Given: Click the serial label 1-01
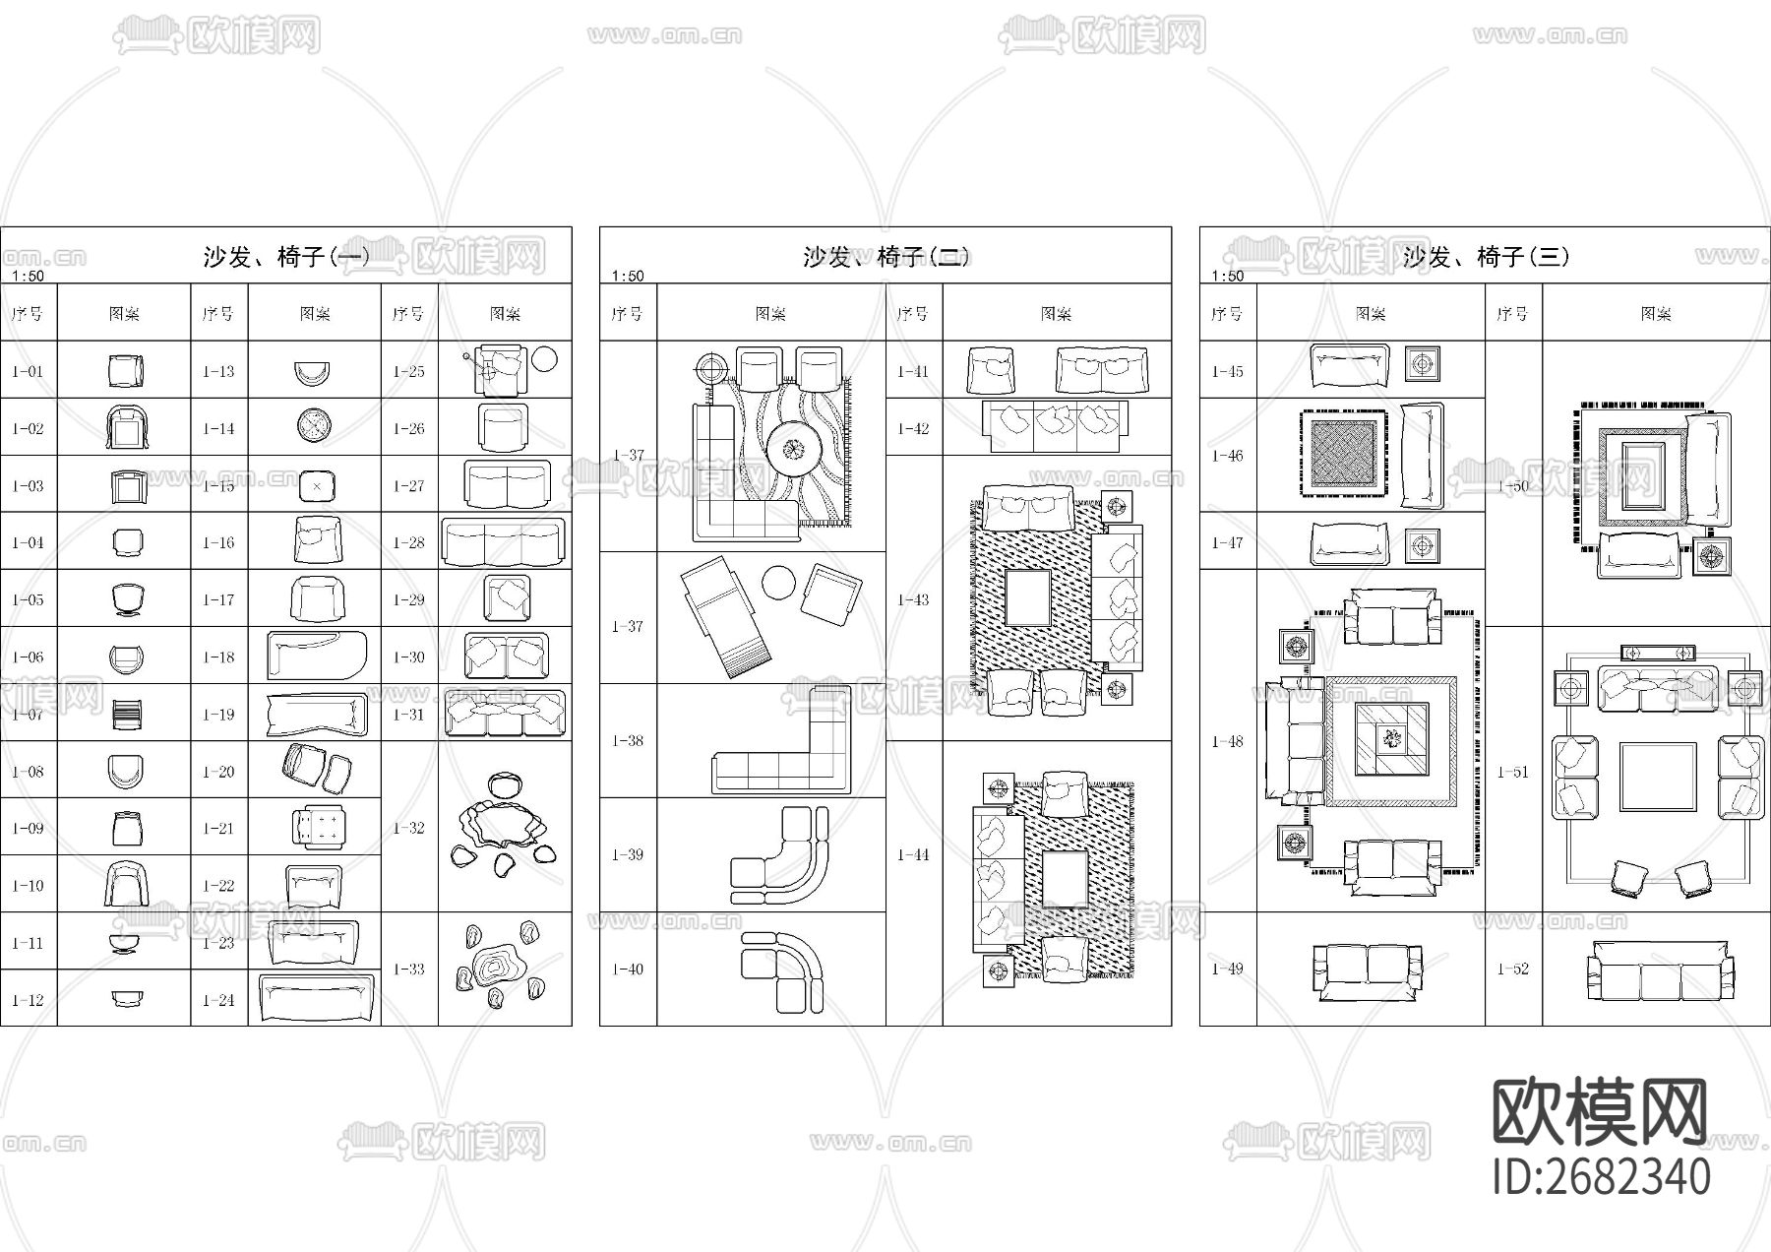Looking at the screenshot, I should pos(28,371).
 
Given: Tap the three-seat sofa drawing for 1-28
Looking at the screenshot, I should pos(505,542).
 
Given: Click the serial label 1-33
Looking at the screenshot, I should pos(408,969).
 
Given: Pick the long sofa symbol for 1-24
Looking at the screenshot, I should pos(317,999).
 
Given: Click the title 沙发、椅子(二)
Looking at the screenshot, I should pos(885,257).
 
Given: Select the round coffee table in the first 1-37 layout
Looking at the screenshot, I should pos(794,451).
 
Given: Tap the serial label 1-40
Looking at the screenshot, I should pos(627,969).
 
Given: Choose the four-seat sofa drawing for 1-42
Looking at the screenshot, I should pos(1056,427).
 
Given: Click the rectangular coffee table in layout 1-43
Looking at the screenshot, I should pos(1029,597).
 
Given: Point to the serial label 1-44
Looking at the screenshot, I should pos(913,854).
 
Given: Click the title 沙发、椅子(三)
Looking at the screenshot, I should pos(1485,257).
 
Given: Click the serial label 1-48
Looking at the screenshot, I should pos(1227,741).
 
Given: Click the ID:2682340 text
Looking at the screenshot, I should pos(1601,1177).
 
